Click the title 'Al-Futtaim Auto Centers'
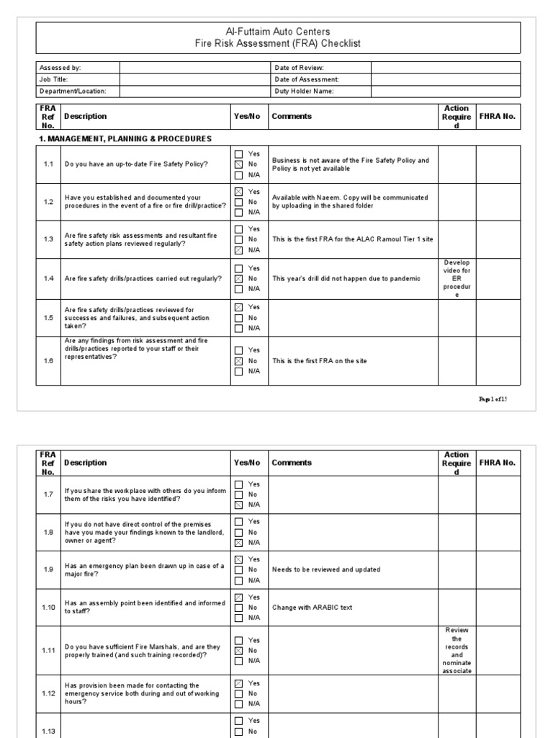pyautogui.click(x=278, y=32)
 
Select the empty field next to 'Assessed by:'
pyautogui.click(x=193, y=68)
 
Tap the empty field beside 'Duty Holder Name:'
pyautogui.click(x=446, y=92)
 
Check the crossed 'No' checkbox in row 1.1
pyautogui.click(x=238, y=164)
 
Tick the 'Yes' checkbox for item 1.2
pyautogui.click(x=238, y=192)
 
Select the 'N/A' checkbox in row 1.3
pyautogui.click(x=238, y=250)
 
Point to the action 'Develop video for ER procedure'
pyautogui.click(x=457, y=278)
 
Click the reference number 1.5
pyautogui.click(x=48, y=318)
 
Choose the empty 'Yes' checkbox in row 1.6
pyautogui.click(x=238, y=350)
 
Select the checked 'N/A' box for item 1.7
pyautogui.click(x=238, y=505)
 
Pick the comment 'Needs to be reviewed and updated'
pyautogui.click(x=326, y=569)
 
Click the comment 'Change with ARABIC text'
pyautogui.click(x=313, y=608)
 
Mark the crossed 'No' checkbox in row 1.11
pyautogui.click(x=238, y=650)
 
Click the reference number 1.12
pyautogui.click(x=48, y=694)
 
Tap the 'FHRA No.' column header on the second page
pyautogui.click(x=498, y=463)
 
